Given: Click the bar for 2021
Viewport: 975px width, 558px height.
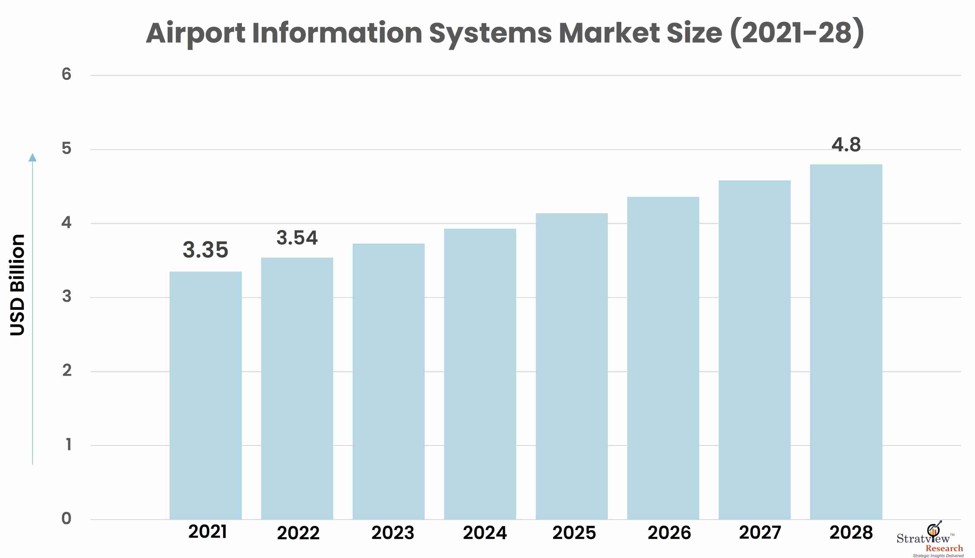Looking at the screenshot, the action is point(205,395).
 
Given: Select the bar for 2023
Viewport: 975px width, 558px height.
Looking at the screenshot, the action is point(388,382).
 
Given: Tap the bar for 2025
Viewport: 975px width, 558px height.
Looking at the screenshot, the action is point(572,366).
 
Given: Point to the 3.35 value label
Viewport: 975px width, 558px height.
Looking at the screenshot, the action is point(205,250).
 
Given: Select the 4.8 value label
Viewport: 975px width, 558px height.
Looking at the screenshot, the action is point(846,145).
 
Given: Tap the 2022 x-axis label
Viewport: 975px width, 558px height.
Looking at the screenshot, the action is point(298,533).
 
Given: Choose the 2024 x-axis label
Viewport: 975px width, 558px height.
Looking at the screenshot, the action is point(485,533).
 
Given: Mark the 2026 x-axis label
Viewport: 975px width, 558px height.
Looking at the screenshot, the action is point(669,533).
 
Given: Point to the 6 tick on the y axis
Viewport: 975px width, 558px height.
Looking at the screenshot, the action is point(66,74).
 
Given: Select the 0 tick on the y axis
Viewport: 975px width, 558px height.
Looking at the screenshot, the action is point(66,518).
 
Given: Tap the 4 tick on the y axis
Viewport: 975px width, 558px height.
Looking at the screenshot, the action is point(66,222).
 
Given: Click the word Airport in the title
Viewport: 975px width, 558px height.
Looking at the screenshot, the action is point(195,33).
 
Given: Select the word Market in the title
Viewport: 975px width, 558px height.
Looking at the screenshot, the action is point(609,33).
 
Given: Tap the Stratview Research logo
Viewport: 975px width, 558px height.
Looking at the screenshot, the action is point(930,539).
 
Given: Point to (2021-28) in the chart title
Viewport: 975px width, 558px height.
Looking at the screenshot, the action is point(797,33).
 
